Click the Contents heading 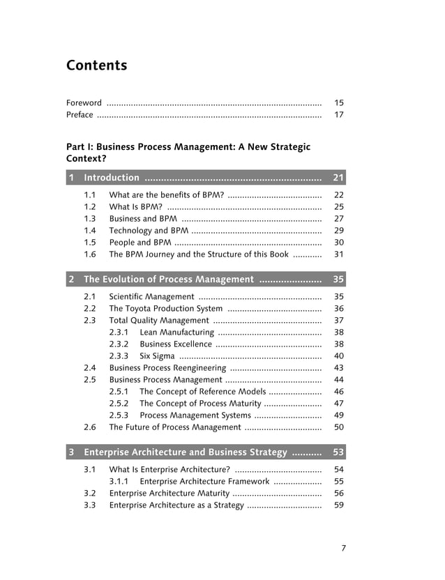click(97, 66)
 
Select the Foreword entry click(84, 102)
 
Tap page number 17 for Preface click(339, 115)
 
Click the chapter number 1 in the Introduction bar click(71, 178)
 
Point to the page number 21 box click(339, 178)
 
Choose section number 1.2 click(90, 207)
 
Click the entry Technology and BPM click(149, 231)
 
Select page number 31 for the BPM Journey click(339, 254)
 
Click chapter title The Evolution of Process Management click(169, 280)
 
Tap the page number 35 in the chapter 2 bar click(339, 280)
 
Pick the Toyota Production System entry click(166, 309)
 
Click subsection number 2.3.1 click(119, 333)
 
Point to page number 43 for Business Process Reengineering click(339, 368)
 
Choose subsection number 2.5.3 click(119, 415)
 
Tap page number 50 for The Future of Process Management click(339, 427)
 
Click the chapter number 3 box click(71, 452)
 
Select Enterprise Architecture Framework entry click(204, 482)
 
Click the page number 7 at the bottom click(343, 548)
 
